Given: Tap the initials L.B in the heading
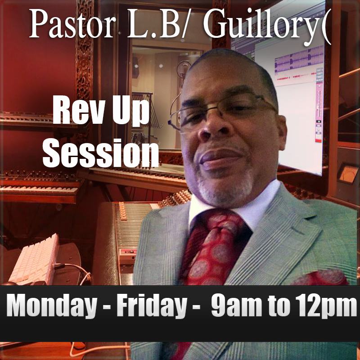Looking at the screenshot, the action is [x=153, y=24].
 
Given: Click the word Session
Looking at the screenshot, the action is [x=100, y=153].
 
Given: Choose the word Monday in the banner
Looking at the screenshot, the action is [x=51, y=306].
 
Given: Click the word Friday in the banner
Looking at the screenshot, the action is [x=152, y=306].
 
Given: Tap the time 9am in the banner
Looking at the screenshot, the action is [x=237, y=305].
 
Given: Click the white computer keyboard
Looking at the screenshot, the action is [x=35, y=260].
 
